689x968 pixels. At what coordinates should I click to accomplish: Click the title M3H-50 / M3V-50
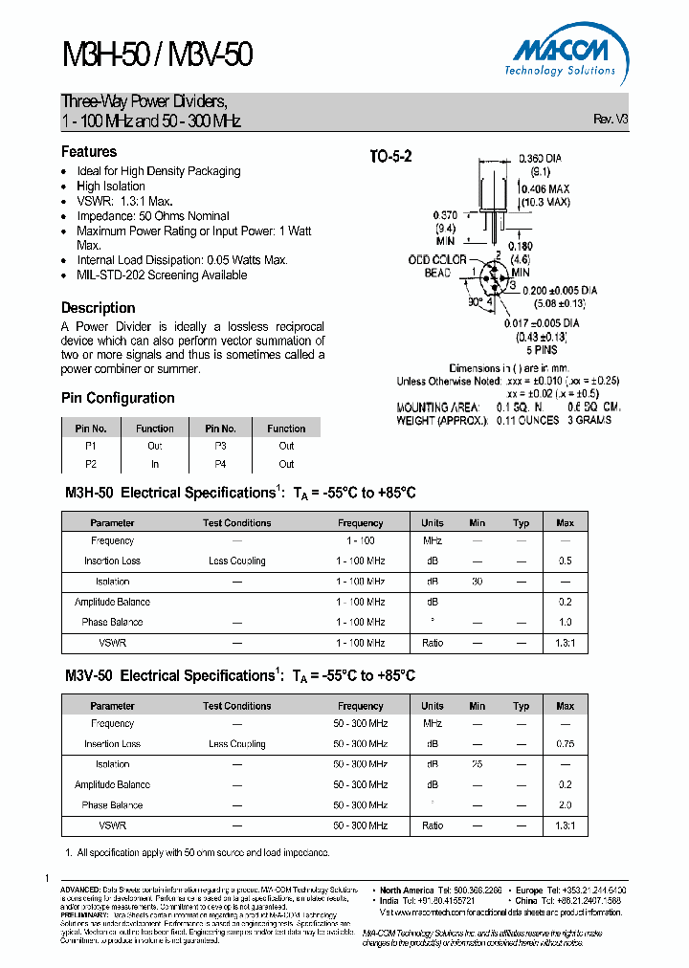tap(157, 55)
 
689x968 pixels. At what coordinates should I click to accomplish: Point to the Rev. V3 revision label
tap(611, 120)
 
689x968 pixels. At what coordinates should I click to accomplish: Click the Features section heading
tap(89, 151)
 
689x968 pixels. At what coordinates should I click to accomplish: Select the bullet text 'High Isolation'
tap(111, 187)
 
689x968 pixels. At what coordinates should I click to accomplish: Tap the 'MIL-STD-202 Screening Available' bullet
tap(162, 275)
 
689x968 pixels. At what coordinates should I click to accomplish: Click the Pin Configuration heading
tap(118, 398)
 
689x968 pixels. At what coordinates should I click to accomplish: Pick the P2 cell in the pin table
tap(91, 464)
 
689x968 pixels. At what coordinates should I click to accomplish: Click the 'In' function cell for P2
tap(155, 464)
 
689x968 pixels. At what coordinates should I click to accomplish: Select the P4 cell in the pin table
tap(221, 464)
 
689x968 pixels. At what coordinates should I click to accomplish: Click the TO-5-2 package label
tap(390, 158)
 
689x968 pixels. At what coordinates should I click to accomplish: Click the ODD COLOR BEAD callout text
tap(437, 266)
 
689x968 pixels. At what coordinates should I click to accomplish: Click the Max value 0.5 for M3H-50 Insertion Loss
tap(565, 561)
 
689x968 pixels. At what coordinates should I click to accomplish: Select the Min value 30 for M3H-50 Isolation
tap(477, 582)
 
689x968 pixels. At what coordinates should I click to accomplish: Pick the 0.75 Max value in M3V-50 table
tap(565, 744)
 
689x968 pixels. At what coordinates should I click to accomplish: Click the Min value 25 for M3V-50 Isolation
tap(477, 764)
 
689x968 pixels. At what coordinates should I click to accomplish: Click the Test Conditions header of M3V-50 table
tap(236, 706)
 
